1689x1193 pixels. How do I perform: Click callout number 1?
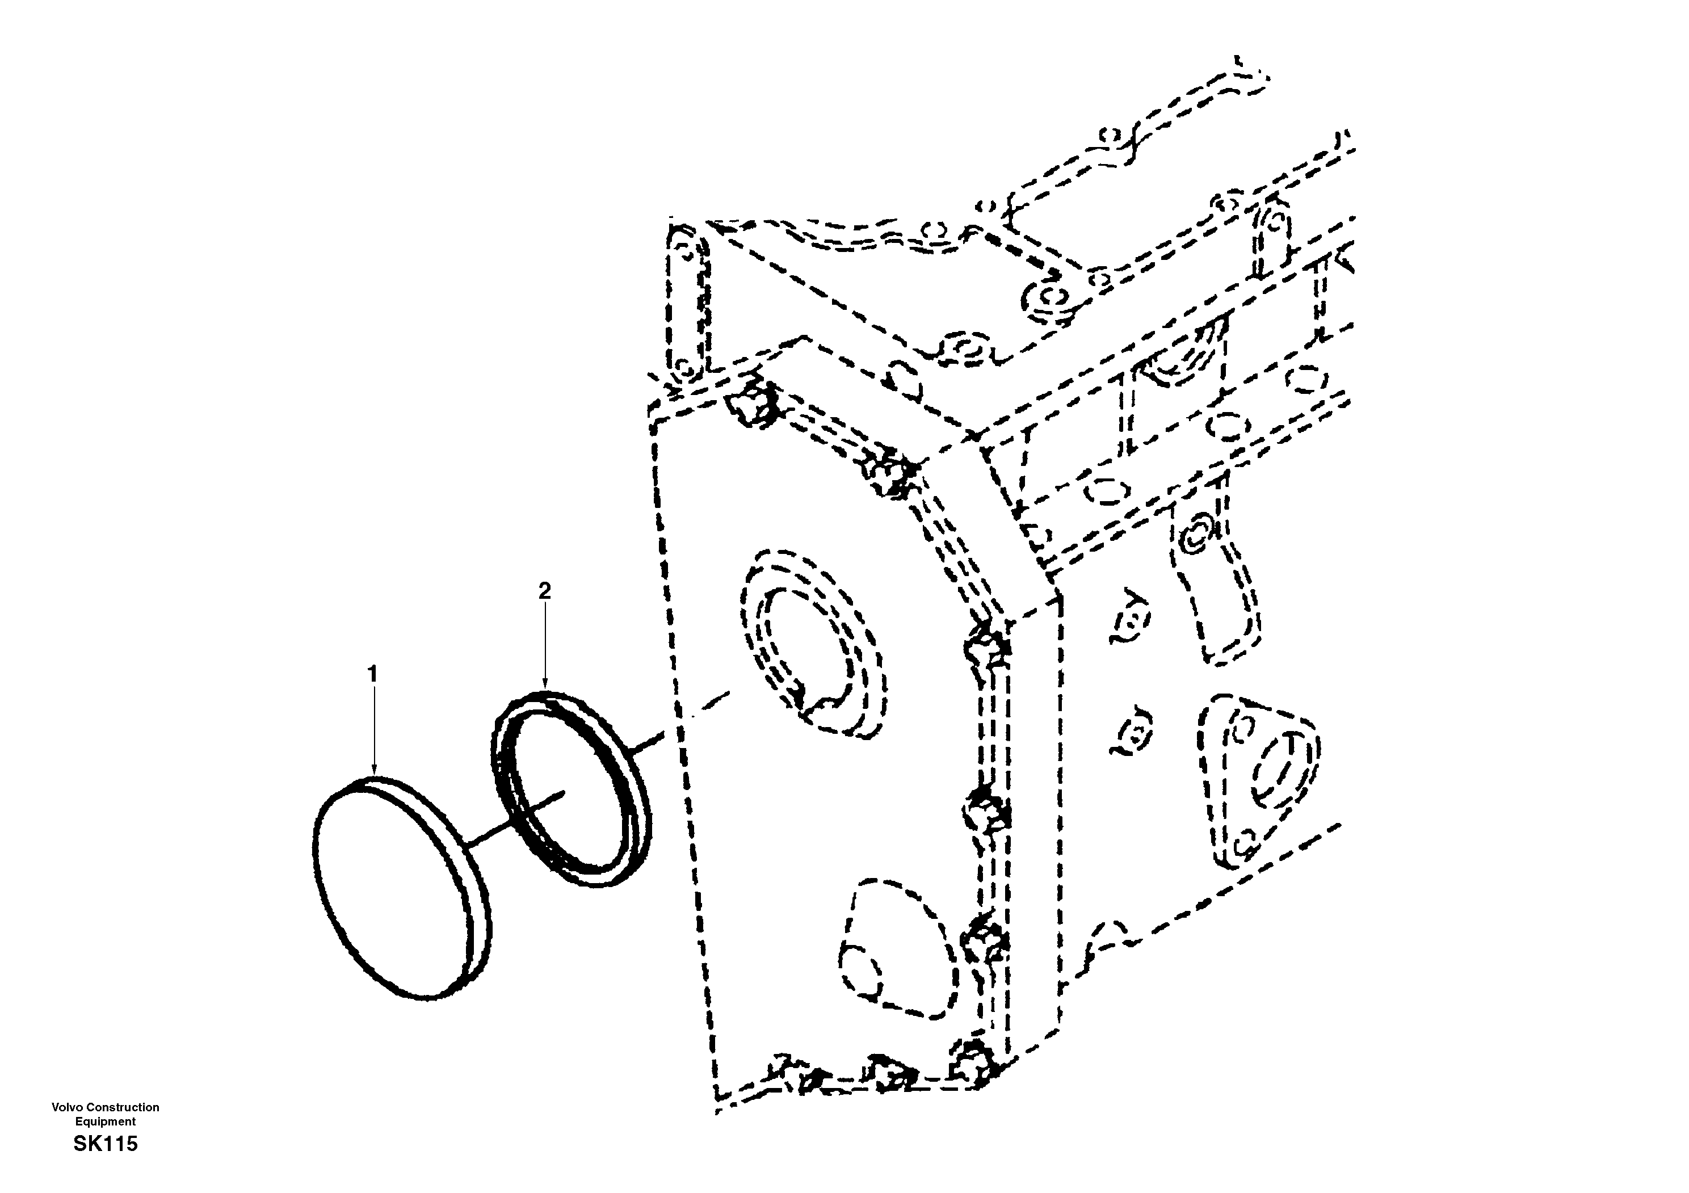372,674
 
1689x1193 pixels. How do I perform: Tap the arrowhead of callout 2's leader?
544,688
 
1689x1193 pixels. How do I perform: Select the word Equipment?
105,1121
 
